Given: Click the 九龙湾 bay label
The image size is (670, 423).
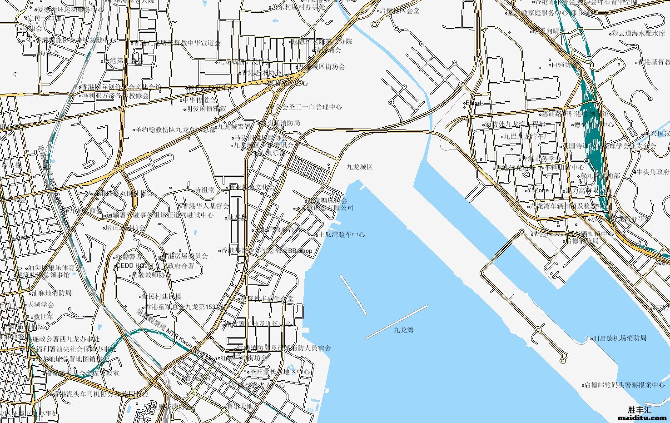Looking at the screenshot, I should pos(403,330).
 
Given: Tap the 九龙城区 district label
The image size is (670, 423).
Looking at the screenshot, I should pos(359,167).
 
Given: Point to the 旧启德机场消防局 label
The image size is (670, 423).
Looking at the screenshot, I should pos(620,338).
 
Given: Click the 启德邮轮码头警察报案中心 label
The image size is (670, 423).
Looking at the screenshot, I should pos(624,385).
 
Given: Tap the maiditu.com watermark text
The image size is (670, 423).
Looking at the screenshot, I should pos(642,418).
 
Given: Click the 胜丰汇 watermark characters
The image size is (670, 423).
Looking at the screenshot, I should pos(640,410).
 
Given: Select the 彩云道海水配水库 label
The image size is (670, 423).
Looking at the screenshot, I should pos(638,33).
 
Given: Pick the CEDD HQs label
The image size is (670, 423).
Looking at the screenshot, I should pos(131,265).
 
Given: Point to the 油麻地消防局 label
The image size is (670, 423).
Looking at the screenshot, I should pos(51,293).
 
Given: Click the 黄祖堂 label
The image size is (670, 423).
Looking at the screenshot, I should pos(204,190).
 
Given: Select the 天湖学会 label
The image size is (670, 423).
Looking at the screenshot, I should pos(41,304).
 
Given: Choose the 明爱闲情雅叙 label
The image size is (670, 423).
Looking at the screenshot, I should pos(206,109).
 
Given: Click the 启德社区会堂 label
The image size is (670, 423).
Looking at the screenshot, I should pos(399,10).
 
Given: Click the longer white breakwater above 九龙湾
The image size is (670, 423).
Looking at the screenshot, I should pos(396,322).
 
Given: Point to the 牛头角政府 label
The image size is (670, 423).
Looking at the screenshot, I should pos(652,172).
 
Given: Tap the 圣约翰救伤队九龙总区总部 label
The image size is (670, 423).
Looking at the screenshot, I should pos(175,129).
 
